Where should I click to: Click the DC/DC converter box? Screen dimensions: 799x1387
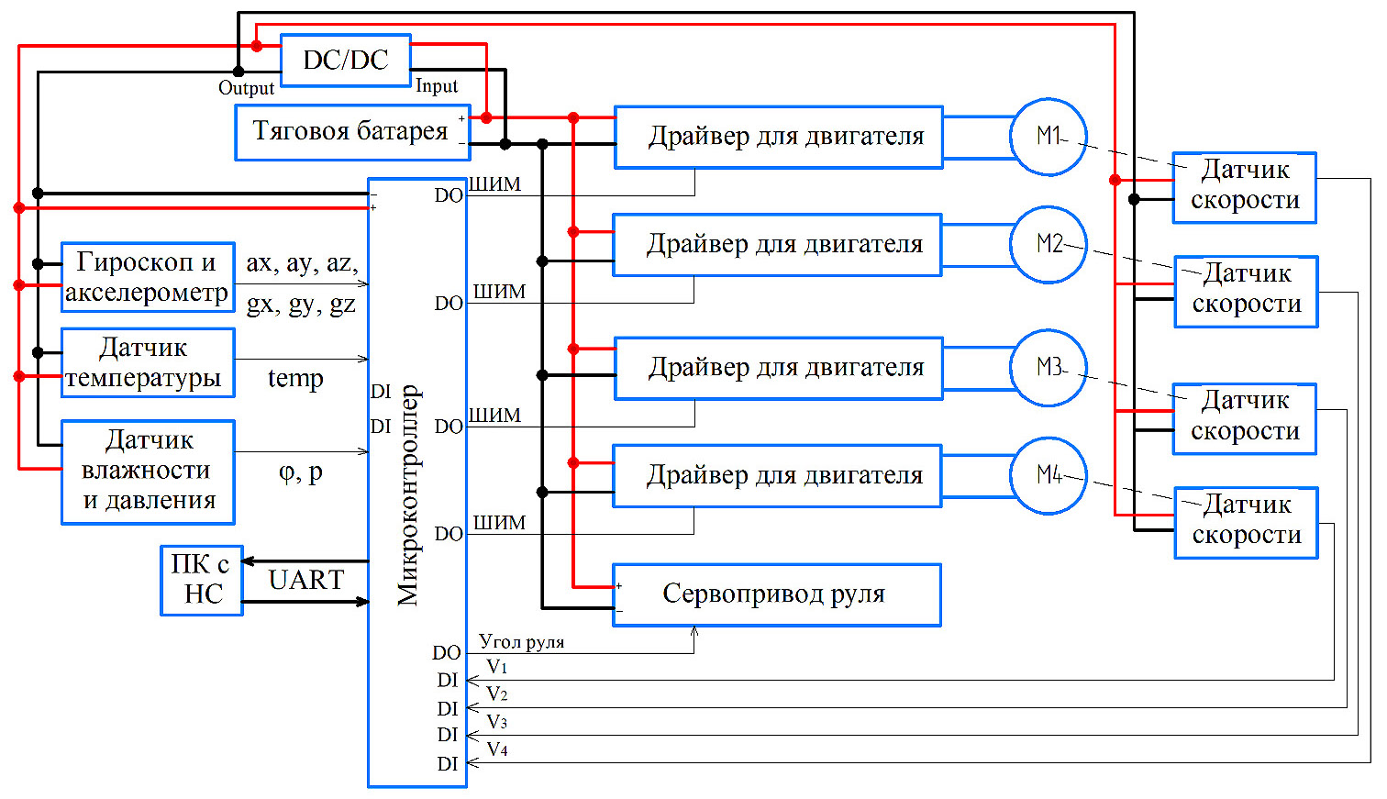click(x=345, y=61)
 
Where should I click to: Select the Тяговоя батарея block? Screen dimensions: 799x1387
click(x=352, y=132)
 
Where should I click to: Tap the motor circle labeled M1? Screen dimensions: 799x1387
click(x=1048, y=137)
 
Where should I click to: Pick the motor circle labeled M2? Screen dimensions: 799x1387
click(x=1048, y=245)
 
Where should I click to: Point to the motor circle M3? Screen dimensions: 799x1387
click(x=1048, y=368)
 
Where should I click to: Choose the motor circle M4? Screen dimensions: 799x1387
click(x=1048, y=475)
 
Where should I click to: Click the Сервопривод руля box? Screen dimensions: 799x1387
click(x=776, y=594)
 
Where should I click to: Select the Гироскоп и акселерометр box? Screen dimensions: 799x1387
click(x=147, y=277)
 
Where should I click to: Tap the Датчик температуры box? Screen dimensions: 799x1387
click(x=147, y=362)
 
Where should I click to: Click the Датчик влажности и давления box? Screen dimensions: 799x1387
click(x=148, y=472)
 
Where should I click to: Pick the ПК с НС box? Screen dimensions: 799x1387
click(x=202, y=580)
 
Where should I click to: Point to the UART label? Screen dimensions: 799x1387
click(x=305, y=580)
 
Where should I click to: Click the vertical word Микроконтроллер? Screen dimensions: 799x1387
click(x=408, y=495)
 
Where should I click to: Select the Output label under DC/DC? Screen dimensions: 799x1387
click(x=246, y=88)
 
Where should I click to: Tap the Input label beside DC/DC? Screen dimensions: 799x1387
click(x=437, y=86)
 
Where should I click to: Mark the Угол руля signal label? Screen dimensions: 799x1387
click(x=521, y=642)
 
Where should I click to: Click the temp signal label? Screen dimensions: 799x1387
click(x=295, y=378)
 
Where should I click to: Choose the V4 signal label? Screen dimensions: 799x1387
click(x=497, y=749)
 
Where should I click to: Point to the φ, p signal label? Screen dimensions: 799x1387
click(x=301, y=472)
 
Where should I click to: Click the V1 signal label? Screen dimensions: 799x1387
click(x=497, y=667)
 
